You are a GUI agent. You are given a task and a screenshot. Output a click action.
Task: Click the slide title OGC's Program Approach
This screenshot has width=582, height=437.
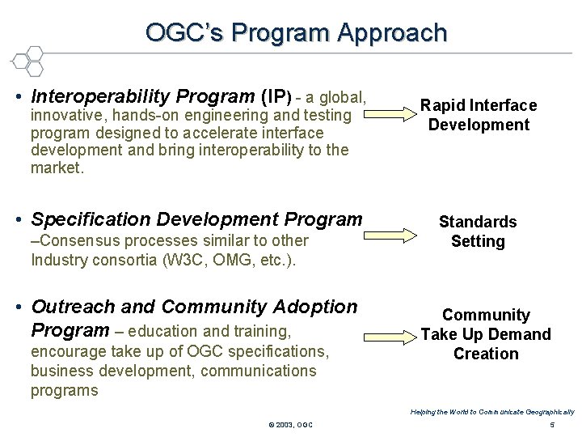(x=296, y=32)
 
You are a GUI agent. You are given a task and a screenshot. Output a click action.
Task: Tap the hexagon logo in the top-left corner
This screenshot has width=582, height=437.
(x=27, y=61)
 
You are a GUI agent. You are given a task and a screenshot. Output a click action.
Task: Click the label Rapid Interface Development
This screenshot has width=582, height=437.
(x=478, y=115)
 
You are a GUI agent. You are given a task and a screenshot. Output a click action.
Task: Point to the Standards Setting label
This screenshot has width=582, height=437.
(x=477, y=231)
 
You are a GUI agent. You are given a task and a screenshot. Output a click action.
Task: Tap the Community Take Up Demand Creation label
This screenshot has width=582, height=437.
(x=485, y=334)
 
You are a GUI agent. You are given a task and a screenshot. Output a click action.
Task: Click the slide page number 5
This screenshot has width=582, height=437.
(x=550, y=425)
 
